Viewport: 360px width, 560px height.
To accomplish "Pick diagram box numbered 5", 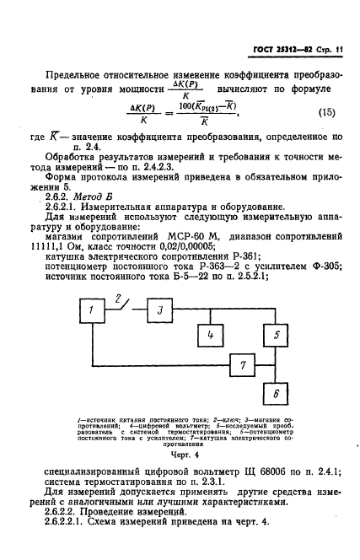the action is click(275, 337).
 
